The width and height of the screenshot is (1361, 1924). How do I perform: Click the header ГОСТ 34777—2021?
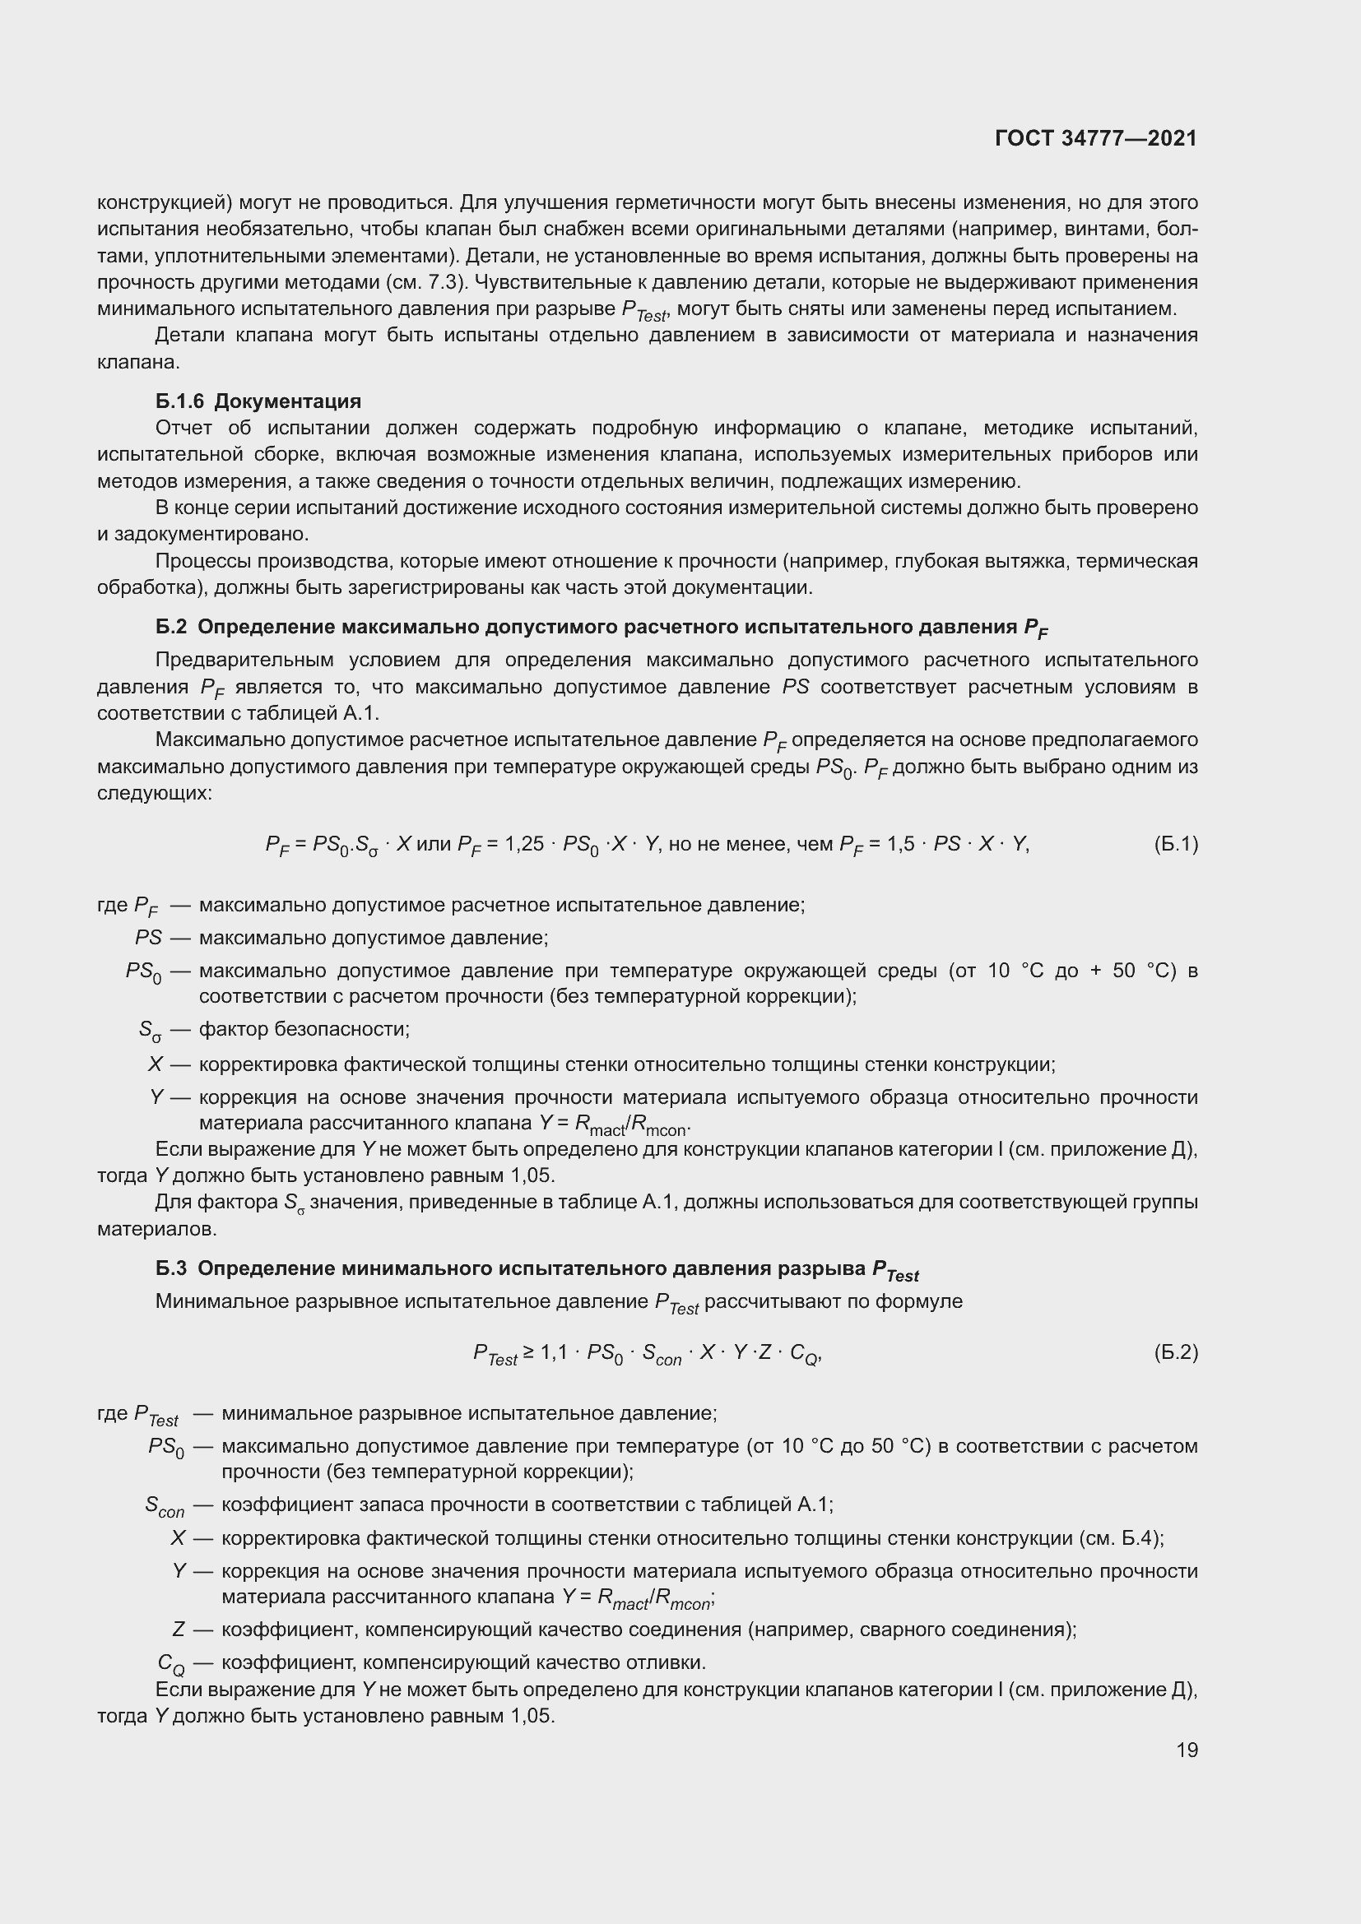[1095, 138]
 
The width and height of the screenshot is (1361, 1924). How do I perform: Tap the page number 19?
[1187, 1750]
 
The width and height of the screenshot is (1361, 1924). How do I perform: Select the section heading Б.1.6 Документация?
[258, 401]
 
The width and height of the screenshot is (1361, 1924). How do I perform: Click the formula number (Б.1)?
[1176, 844]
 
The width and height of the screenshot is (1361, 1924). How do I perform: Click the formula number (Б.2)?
[1176, 1352]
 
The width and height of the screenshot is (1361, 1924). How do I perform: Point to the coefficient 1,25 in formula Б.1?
[525, 844]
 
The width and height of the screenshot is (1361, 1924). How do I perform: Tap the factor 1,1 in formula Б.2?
[553, 1352]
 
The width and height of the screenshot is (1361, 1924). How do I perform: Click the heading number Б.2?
[171, 627]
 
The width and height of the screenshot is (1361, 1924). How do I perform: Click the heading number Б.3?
[171, 1268]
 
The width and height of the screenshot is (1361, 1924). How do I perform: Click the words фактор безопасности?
[304, 1029]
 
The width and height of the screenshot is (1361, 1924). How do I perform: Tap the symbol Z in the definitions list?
[178, 1630]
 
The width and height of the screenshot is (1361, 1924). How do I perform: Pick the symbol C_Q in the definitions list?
[171, 1663]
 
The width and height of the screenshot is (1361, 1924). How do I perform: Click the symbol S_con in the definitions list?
[165, 1506]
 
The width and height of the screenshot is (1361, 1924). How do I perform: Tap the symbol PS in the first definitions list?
[147, 938]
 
